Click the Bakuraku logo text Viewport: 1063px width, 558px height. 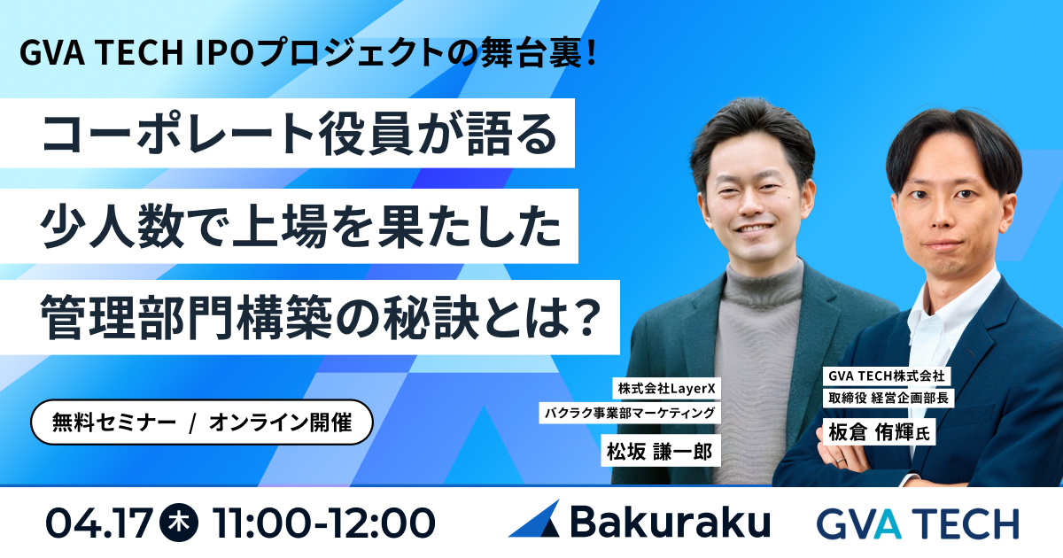click(x=670, y=523)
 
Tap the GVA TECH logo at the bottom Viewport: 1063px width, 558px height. click(x=917, y=523)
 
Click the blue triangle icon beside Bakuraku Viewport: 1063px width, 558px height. click(x=535, y=519)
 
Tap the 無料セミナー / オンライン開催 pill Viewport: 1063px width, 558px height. click(x=198, y=422)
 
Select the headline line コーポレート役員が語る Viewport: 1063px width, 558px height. click(x=301, y=136)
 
